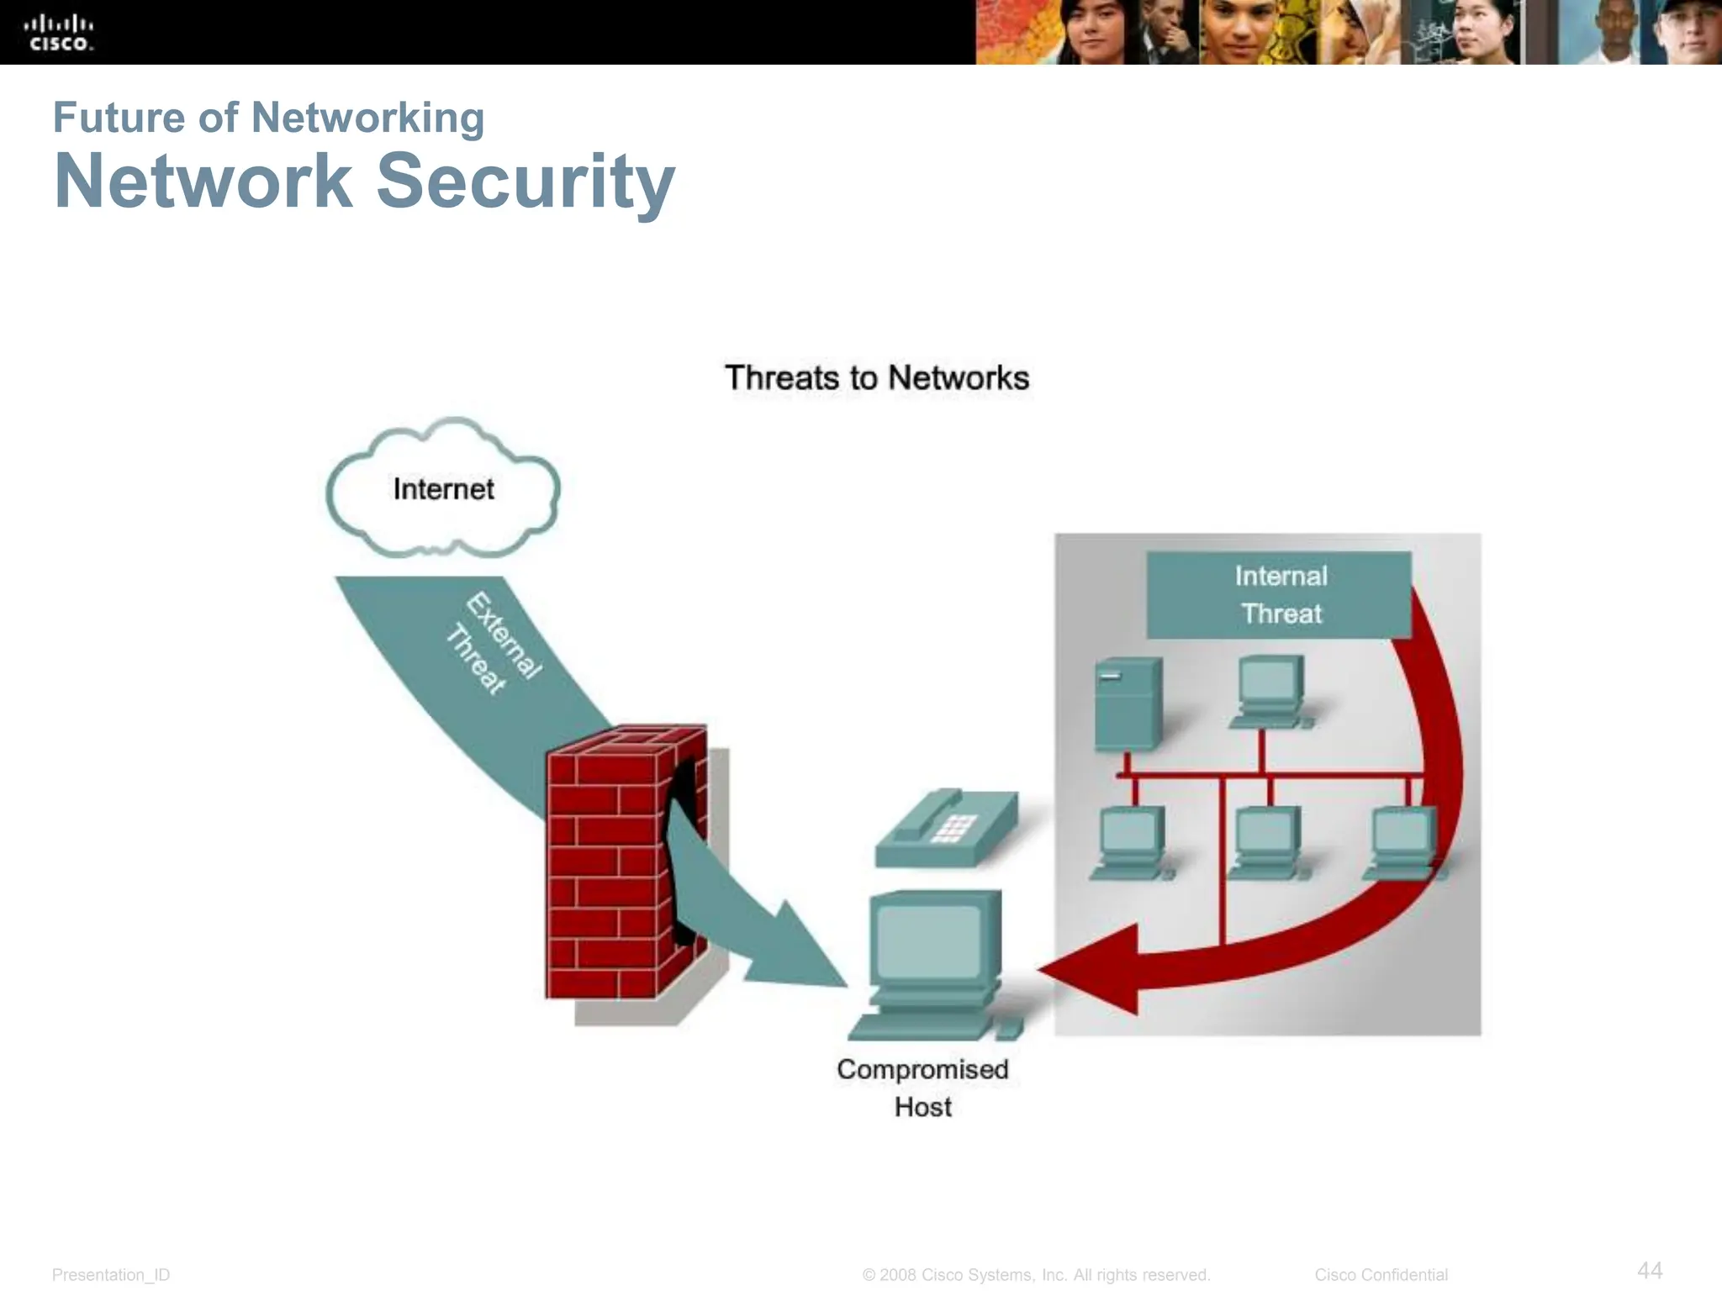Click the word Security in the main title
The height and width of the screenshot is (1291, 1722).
[525, 182]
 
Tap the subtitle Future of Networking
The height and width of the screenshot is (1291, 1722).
[268, 118]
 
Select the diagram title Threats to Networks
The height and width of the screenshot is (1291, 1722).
[876, 378]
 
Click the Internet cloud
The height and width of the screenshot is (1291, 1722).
[443, 490]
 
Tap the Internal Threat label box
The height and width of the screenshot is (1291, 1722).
[1279, 595]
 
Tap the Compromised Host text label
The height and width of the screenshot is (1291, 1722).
[922, 1088]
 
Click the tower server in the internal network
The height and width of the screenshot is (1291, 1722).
[1128, 704]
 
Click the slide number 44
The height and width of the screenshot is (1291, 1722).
[1650, 1270]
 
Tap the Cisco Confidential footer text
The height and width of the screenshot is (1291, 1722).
[1381, 1275]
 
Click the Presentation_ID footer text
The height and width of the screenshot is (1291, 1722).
[111, 1275]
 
